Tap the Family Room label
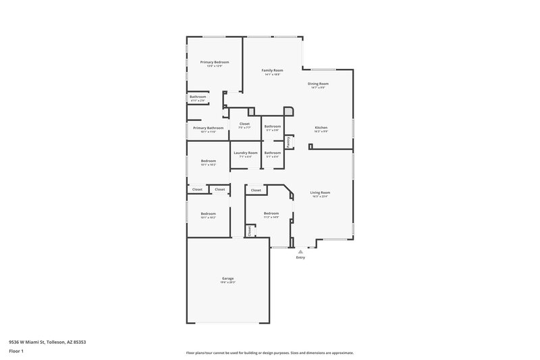272,70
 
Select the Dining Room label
318,84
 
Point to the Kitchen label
321,128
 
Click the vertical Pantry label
288,141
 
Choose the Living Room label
320,192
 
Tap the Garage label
228,278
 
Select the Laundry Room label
246,153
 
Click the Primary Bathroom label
208,128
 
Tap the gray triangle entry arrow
300,251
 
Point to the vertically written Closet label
249,230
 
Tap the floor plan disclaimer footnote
269,353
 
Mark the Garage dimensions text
228,282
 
